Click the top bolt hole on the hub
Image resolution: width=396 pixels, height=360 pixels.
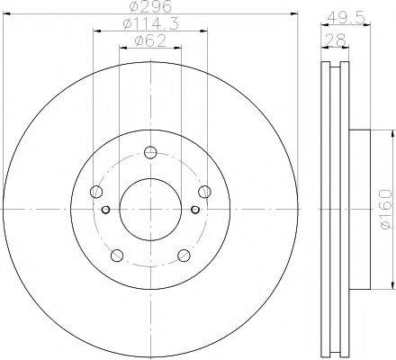[150, 151]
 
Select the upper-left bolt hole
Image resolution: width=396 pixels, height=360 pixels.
[96, 190]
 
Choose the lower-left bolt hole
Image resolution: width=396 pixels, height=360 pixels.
[117, 254]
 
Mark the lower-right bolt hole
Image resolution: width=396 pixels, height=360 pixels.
[184, 254]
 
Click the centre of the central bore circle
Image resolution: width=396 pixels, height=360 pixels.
[150, 209]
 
